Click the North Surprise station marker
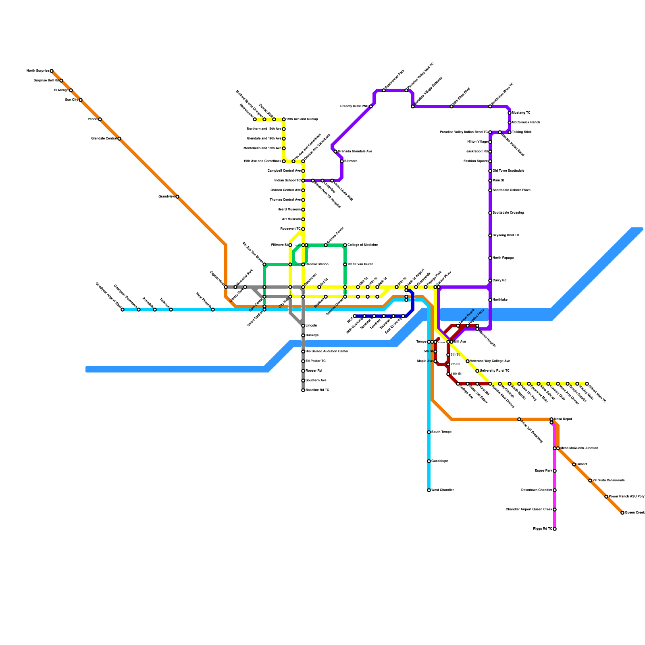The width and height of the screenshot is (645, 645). tap(52, 71)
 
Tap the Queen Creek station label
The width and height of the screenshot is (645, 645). tap(635, 513)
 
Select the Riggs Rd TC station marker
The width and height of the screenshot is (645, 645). tap(555, 529)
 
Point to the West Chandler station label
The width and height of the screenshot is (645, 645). tap(443, 490)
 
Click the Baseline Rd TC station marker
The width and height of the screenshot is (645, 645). tap(303, 390)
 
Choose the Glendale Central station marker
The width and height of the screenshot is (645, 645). tap(119, 139)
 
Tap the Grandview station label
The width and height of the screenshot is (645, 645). tap(166, 197)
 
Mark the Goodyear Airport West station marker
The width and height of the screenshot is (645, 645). tap(123, 310)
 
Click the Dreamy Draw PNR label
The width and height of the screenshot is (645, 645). tap(354, 106)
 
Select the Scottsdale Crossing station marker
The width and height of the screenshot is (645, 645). tap(490, 213)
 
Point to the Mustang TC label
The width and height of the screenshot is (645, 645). tap(521, 113)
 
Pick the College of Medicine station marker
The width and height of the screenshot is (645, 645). tap(345, 245)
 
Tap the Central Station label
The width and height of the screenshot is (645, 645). tap(317, 264)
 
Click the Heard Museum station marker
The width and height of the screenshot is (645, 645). tap(303, 210)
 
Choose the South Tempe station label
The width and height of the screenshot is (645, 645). tap(441, 432)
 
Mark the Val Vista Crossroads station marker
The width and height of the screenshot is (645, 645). tap(590, 481)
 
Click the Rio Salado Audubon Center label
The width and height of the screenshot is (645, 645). tap(327, 352)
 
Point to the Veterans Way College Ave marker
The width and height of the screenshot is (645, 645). tap(468, 361)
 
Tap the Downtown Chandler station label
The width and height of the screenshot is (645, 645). tap(536, 490)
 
